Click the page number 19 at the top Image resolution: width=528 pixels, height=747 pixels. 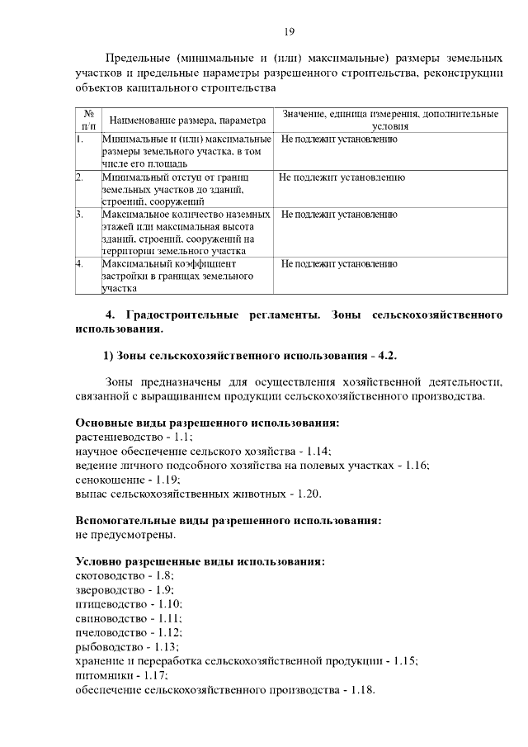coord(290,32)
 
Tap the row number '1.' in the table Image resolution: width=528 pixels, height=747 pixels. coord(80,139)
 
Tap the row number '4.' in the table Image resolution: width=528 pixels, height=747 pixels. coord(80,264)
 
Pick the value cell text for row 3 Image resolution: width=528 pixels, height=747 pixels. coord(339,215)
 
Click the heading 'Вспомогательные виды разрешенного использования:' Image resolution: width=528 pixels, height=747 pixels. coord(228,521)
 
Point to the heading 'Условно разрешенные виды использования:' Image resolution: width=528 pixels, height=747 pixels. coord(200,561)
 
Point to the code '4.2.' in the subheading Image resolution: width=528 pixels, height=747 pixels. coord(387,356)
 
